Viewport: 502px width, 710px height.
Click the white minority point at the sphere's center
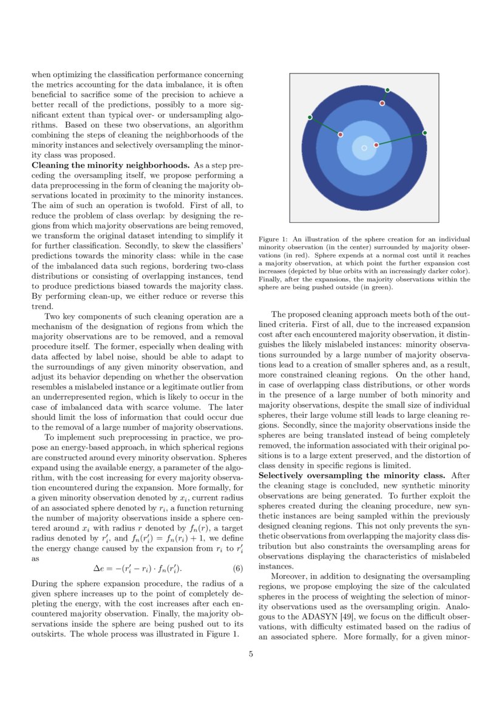pos(364,148)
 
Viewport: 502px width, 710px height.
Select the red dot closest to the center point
pos(376,145)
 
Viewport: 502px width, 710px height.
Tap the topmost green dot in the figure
pos(387,90)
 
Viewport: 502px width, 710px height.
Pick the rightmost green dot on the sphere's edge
pos(424,132)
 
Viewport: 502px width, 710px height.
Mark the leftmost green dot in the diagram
pos(310,117)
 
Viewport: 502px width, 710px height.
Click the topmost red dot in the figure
pos(382,103)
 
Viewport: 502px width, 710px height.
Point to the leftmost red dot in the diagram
pos(341,134)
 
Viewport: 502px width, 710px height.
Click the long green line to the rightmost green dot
pos(401,139)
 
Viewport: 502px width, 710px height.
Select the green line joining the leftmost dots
pos(325,126)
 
